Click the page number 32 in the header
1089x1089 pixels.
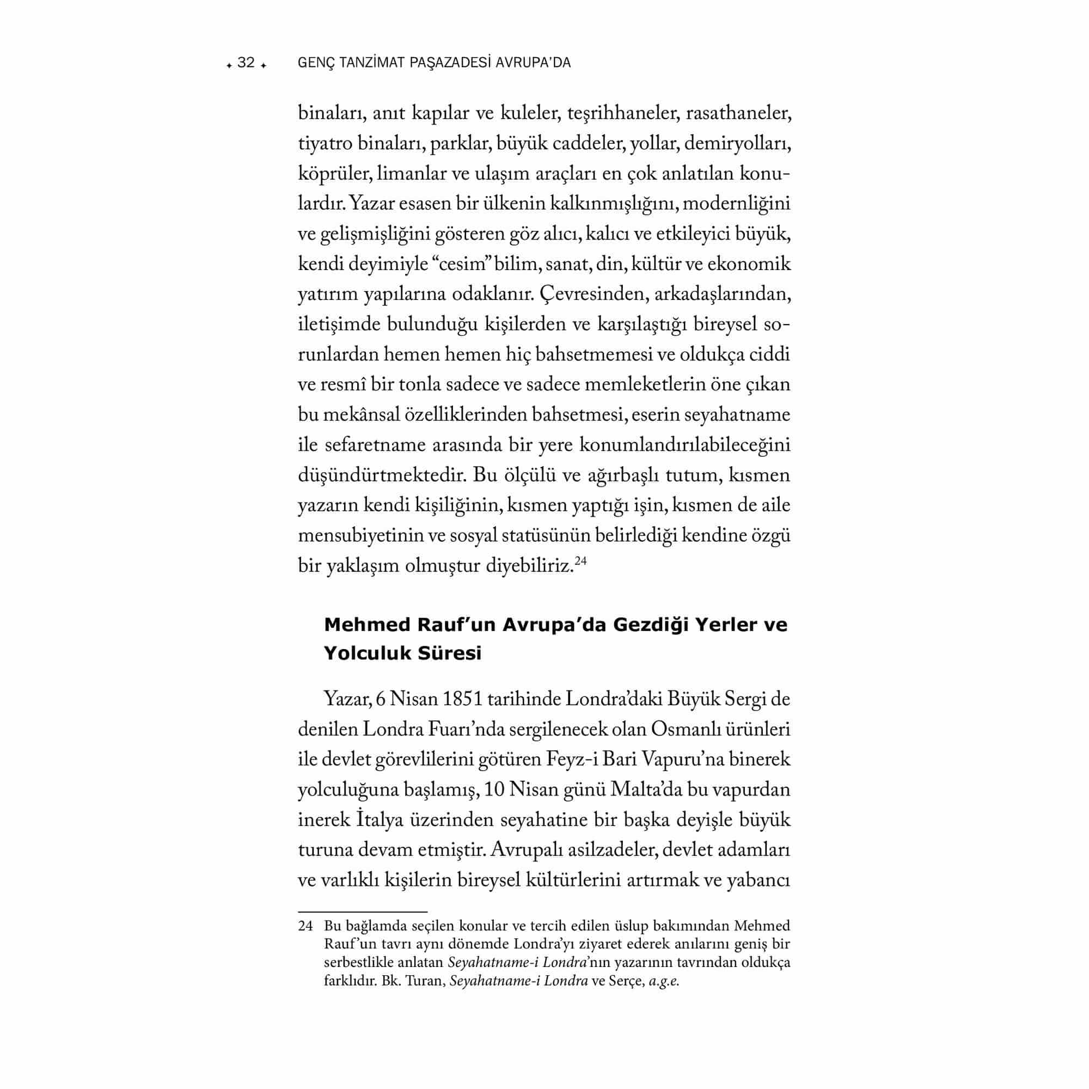pyautogui.click(x=246, y=63)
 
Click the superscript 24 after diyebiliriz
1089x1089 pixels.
pyautogui.click(x=581, y=561)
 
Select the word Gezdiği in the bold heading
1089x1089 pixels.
pyautogui.click(x=647, y=625)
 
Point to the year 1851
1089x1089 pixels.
pyautogui.click(x=463, y=700)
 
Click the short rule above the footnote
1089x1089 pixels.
pyautogui.click(x=363, y=911)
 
